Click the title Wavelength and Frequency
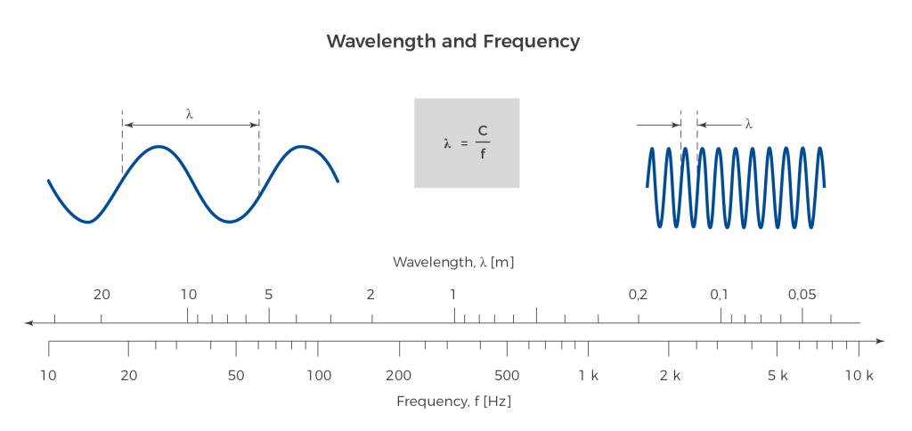pos(452,42)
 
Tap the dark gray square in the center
pos(466,143)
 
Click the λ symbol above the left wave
pos(189,113)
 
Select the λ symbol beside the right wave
pos(748,125)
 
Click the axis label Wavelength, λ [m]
pos(454,263)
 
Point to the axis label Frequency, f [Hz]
pos(454,402)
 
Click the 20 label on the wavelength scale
pos(102,295)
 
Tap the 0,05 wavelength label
pos(802,295)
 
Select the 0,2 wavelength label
pos(638,295)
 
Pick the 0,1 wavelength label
pos(719,295)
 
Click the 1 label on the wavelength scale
pos(452,295)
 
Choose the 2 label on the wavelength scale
pos(370,295)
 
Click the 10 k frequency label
pos(859,376)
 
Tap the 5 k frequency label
pos(778,376)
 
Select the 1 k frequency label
pos(589,376)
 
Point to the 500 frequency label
pos(507,376)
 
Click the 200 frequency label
pos(398,376)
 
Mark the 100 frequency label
pos(318,376)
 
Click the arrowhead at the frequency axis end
pos(880,341)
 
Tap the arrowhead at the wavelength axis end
pos(28,322)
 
